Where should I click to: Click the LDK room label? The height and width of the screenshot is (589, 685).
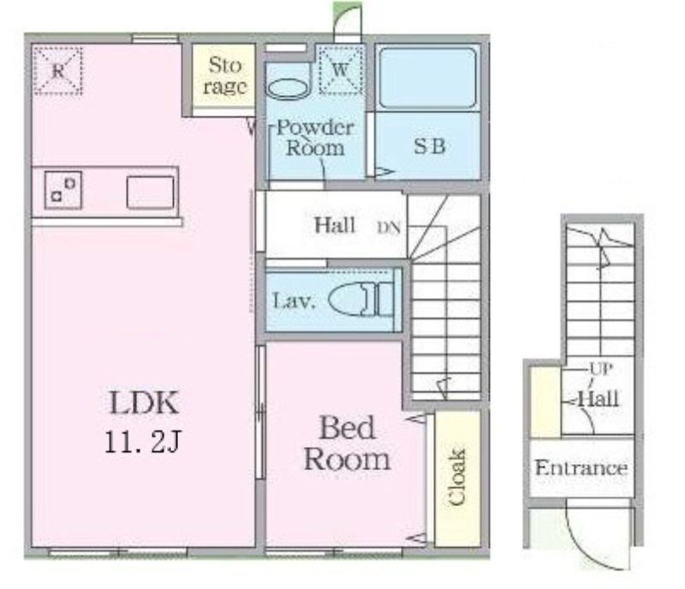coord(144,403)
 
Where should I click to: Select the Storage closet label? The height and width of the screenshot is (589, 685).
coord(224,76)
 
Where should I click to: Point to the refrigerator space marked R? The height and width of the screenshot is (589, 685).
coord(58,71)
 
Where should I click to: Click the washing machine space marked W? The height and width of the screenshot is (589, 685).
coord(340,70)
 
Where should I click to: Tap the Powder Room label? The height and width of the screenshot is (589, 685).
coord(315,138)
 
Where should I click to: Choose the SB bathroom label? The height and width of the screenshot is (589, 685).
coord(430,146)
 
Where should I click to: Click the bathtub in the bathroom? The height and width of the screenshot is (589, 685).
coord(427,78)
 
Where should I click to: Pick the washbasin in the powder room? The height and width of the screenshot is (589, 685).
coord(288,88)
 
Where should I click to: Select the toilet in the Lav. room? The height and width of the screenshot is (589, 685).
coord(360,300)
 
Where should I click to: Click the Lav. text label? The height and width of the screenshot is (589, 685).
coord(294,300)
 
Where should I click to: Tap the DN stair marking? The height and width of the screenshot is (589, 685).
coord(389,228)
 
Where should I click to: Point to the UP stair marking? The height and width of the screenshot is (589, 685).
coord(601,370)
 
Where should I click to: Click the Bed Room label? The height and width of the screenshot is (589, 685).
coord(348,443)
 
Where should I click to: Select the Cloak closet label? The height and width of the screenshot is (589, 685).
coord(457,477)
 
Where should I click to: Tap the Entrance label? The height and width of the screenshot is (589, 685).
coord(581,468)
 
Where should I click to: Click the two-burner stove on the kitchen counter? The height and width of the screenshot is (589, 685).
coord(63,190)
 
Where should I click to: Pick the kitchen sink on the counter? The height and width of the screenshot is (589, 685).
coord(151,193)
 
